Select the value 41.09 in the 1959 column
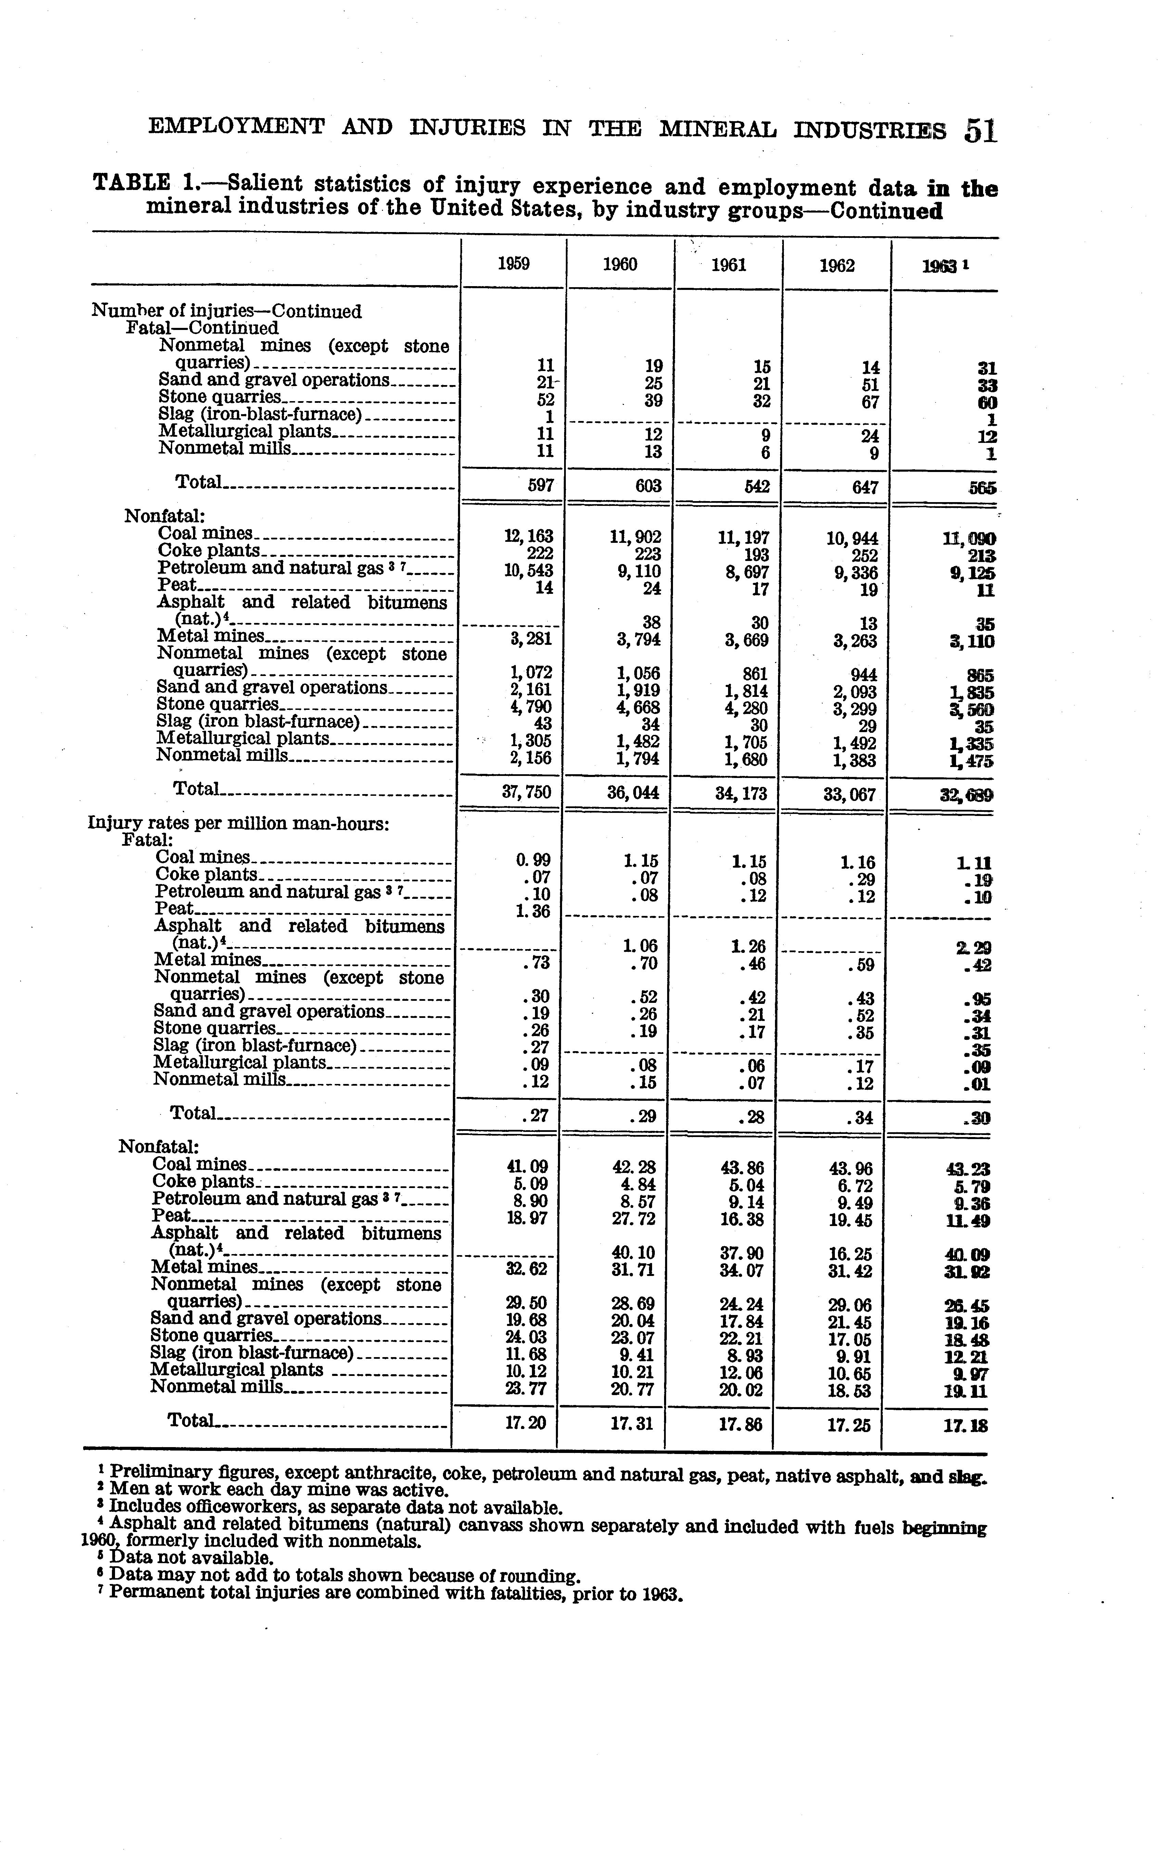[x=528, y=1167]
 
